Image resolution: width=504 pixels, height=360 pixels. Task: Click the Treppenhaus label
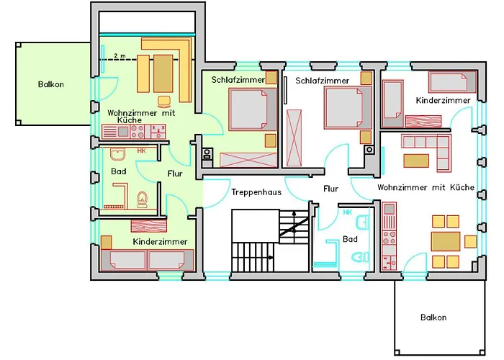[x=256, y=192]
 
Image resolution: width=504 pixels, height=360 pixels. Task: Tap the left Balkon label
[x=51, y=84]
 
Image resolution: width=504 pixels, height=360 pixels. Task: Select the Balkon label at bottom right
[x=433, y=318]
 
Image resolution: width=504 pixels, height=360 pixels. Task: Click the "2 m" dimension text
[x=120, y=56]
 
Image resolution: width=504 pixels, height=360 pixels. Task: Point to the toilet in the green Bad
[x=142, y=199]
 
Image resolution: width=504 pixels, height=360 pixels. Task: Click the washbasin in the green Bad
[x=117, y=154]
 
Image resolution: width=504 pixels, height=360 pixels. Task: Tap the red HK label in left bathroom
[x=141, y=150]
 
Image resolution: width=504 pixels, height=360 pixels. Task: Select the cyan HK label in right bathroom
[x=348, y=212]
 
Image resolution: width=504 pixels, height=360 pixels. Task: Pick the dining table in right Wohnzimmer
[x=446, y=241]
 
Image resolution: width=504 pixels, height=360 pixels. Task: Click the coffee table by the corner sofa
[x=416, y=161]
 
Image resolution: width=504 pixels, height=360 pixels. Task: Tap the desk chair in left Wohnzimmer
[x=165, y=102]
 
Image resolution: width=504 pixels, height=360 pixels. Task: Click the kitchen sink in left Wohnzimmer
[x=123, y=132]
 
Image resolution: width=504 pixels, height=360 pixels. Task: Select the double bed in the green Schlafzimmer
[x=252, y=109]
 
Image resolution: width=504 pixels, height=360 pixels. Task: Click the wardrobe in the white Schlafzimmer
[x=294, y=138]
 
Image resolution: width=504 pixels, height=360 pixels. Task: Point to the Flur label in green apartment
[x=175, y=174]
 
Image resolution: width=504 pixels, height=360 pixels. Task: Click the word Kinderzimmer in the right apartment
[x=443, y=100]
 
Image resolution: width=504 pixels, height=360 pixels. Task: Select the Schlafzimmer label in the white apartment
[x=322, y=81]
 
